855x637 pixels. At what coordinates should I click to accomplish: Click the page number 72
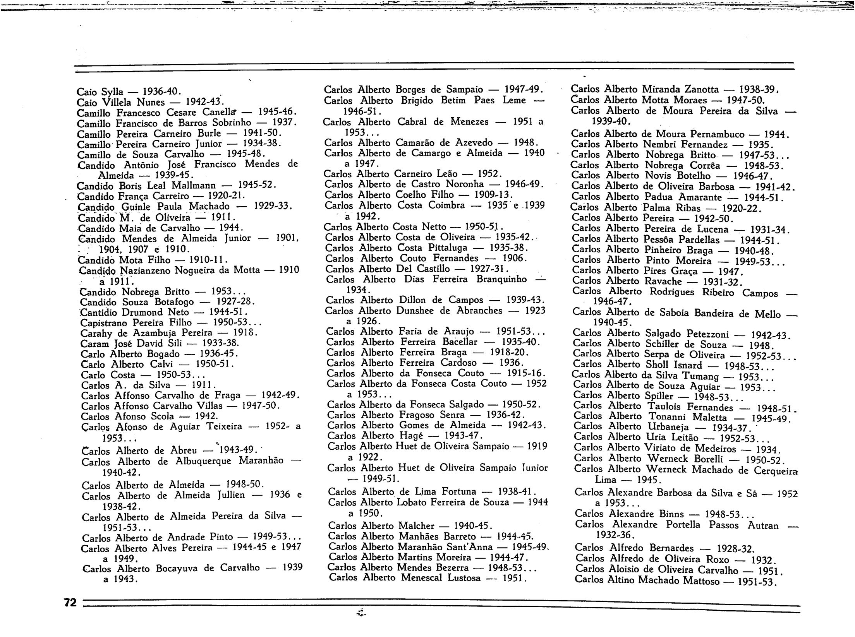point(70,602)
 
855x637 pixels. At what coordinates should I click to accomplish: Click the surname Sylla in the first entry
point(112,92)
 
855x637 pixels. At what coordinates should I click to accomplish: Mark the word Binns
point(674,514)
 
